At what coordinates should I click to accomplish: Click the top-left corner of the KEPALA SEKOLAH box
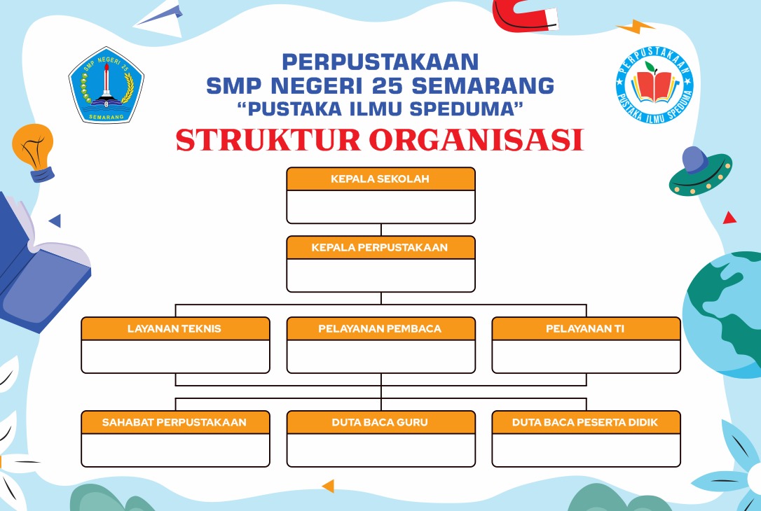click(x=287, y=168)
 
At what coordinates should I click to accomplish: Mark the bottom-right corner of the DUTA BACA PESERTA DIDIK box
click(x=680, y=467)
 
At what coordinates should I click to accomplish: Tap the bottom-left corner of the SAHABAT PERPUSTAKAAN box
click(x=81, y=467)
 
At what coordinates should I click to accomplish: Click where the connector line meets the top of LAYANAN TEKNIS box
click(x=175, y=317)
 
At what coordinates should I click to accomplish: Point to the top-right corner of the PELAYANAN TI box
click(x=680, y=318)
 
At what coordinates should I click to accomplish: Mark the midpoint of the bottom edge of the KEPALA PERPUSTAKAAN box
click(x=381, y=293)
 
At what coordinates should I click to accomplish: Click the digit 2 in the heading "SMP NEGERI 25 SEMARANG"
click(x=379, y=86)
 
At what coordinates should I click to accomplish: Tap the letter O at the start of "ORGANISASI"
click(x=381, y=140)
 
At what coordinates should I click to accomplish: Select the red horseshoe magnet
click(x=525, y=15)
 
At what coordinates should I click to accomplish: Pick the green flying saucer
click(x=700, y=171)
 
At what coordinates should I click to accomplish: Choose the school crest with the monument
click(x=107, y=85)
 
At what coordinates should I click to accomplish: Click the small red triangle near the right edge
click(x=729, y=218)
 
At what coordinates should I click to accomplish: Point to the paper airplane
click(x=158, y=18)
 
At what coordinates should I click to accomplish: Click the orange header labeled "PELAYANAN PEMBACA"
click(x=381, y=329)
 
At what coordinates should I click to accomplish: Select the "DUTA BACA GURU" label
click(x=380, y=422)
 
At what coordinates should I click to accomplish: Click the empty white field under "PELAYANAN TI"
click(x=587, y=356)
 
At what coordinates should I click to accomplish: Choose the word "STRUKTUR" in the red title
click(x=268, y=140)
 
